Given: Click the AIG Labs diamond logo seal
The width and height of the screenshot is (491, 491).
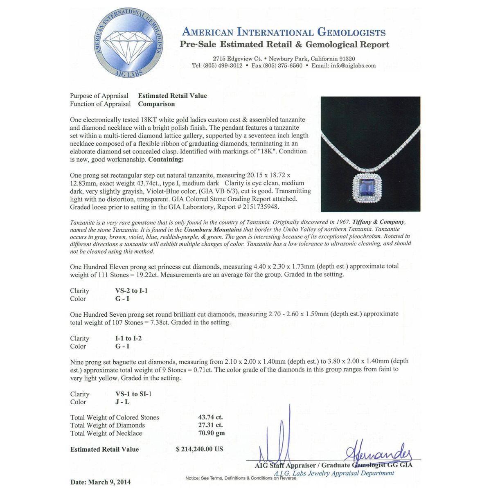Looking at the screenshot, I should pyautogui.click(x=129, y=43).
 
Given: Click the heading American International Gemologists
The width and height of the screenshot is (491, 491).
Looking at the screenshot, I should pyautogui.click(x=284, y=32).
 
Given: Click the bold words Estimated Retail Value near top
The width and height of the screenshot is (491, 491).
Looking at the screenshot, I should pyautogui.click(x=172, y=96).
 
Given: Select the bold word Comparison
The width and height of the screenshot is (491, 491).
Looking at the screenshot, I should pyautogui.click(x=156, y=104).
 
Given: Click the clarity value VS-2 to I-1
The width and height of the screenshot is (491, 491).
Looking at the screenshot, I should pyautogui.click(x=131, y=291).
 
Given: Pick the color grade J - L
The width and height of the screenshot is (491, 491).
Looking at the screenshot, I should pyautogui.click(x=122, y=402).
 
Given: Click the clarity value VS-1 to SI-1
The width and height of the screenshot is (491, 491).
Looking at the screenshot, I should pyautogui.click(x=133, y=394).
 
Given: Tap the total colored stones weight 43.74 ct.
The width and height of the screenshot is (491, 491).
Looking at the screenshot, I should pyautogui.click(x=210, y=417).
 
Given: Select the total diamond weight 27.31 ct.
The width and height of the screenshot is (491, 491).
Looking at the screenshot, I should pyautogui.click(x=210, y=426).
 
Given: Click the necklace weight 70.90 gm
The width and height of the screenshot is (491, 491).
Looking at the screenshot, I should pyautogui.click(x=212, y=433).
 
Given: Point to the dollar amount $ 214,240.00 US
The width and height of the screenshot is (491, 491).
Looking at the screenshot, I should pyautogui.click(x=200, y=449).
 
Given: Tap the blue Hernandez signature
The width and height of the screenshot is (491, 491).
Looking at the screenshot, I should pyautogui.click(x=378, y=453).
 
